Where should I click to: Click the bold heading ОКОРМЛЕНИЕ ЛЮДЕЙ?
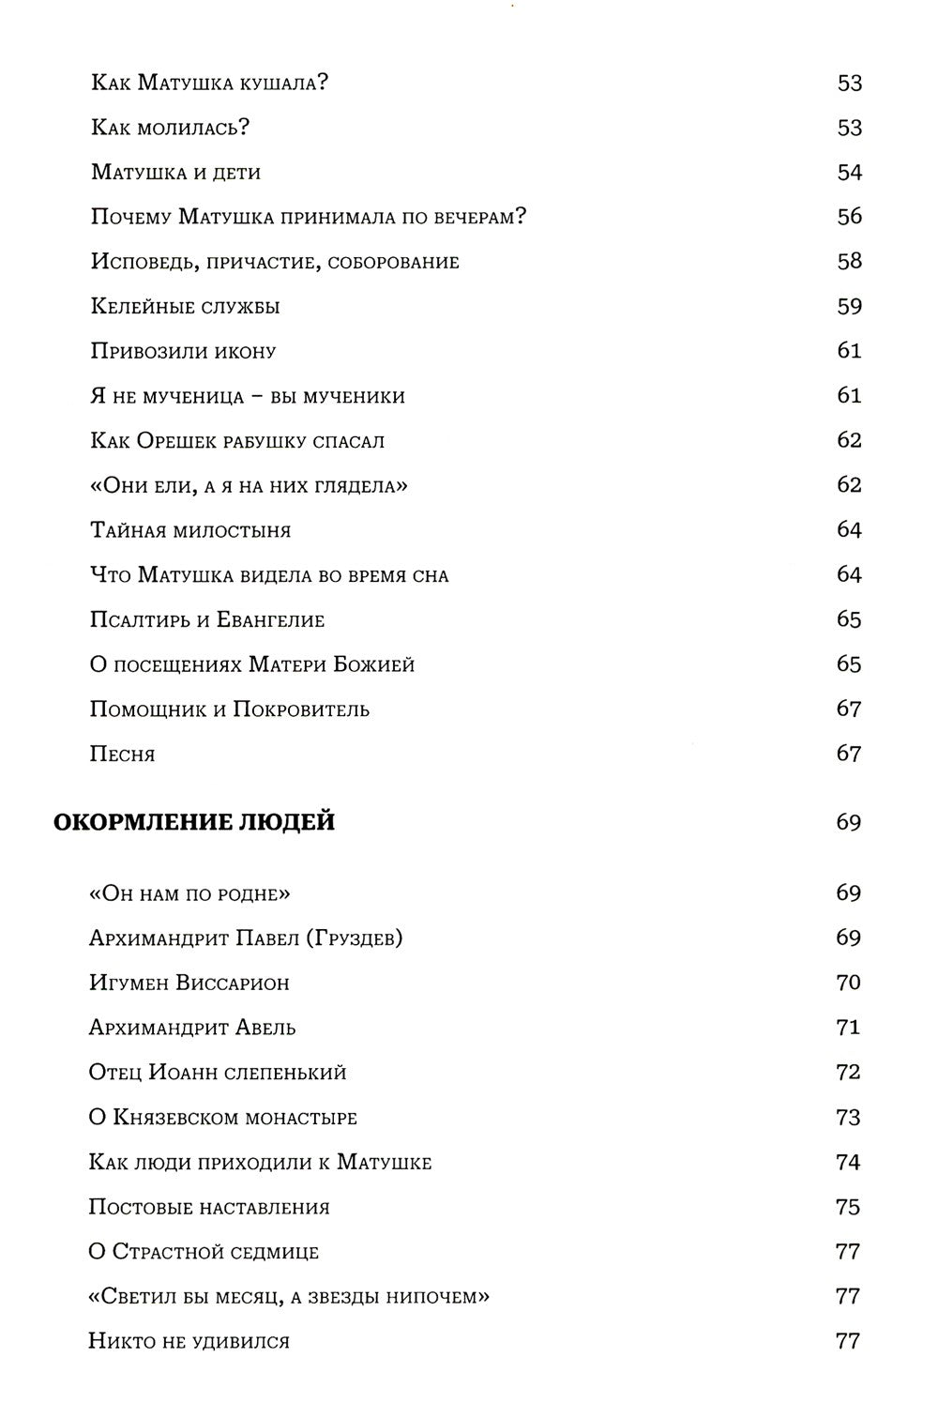tap(193, 823)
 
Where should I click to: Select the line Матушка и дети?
tap(175, 173)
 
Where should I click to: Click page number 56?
tap(849, 217)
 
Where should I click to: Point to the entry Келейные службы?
tap(186, 307)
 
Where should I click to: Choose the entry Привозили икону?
tap(184, 352)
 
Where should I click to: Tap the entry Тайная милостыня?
tap(190, 530)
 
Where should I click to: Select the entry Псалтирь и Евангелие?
tap(207, 620)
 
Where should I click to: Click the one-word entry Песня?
tap(122, 755)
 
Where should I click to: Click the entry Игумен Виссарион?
tap(189, 983)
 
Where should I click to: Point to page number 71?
tap(848, 1028)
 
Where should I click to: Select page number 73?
tap(848, 1118)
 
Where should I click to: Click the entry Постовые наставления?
tap(209, 1207)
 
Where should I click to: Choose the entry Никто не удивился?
tap(189, 1341)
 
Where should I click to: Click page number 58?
tap(849, 262)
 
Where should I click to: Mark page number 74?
tap(848, 1163)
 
